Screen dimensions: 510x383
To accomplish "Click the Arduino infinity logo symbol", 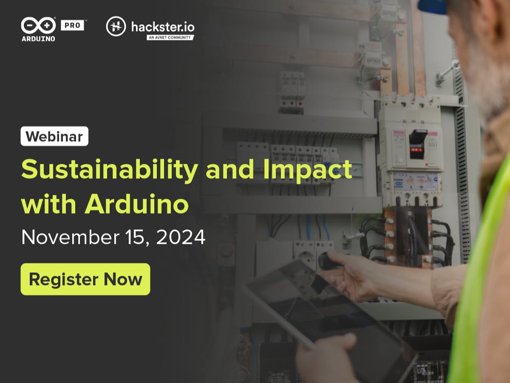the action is pyautogui.click(x=38, y=26).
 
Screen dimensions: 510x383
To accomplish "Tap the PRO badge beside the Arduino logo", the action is pyautogui.click(x=72, y=25).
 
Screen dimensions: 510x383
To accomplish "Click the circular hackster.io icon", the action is pyautogui.click(x=116, y=26).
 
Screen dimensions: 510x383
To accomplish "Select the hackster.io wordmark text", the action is pyautogui.click(x=163, y=27).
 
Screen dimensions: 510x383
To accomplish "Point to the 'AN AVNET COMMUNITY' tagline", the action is pyautogui.click(x=170, y=37).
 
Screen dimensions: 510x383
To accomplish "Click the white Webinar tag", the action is pyautogui.click(x=54, y=136).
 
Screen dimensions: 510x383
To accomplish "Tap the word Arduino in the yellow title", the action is pyautogui.click(x=136, y=204).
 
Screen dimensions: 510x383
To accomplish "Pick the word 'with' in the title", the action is pyautogui.click(x=48, y=204).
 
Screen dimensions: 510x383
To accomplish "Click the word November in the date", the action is pyautogui.click(x=71, y=237).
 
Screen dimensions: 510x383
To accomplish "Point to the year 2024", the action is pyautogui.click(x=181, y=237).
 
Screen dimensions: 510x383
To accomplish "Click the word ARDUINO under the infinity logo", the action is pyautogui.click(x=38, y=39).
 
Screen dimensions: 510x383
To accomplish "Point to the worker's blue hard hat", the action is pyautogui.click(x=432, y=6).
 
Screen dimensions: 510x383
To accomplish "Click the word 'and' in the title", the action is pyautogui.click(x=230, y=169).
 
